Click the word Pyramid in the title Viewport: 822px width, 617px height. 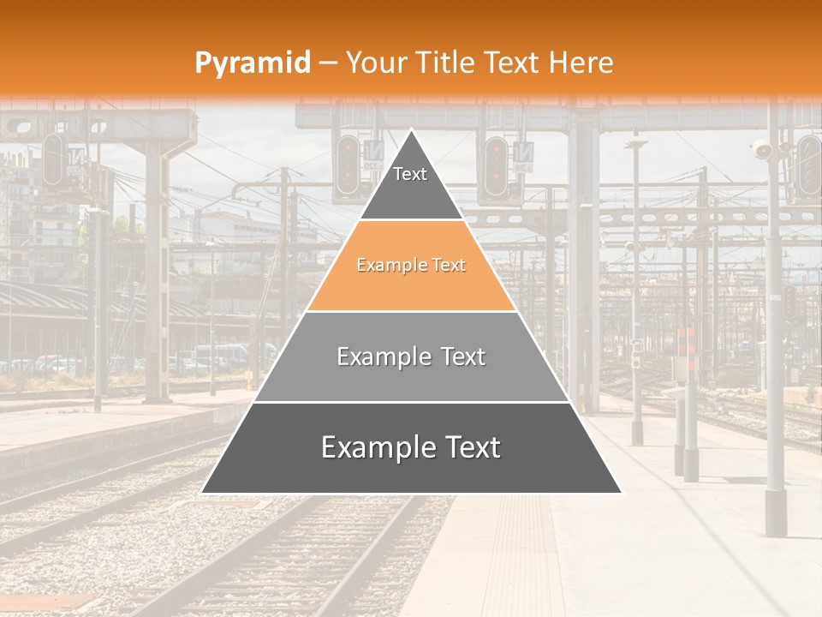click(252, 63)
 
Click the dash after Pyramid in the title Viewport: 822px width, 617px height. click(328, 63)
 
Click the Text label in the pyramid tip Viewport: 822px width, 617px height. click(410, 174)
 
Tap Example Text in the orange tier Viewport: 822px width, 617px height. click(411, 266)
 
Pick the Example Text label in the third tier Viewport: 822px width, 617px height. click(411, 356)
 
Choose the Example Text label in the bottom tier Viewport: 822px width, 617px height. click(411, 447)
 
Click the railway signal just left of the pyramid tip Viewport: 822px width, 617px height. click(348, 165)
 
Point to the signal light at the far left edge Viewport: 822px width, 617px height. click(53, 159)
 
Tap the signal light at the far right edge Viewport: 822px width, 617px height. click(808, 166)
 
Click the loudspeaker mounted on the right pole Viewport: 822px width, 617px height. click(761, 151)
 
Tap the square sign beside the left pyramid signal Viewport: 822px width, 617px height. click(373, 155)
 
